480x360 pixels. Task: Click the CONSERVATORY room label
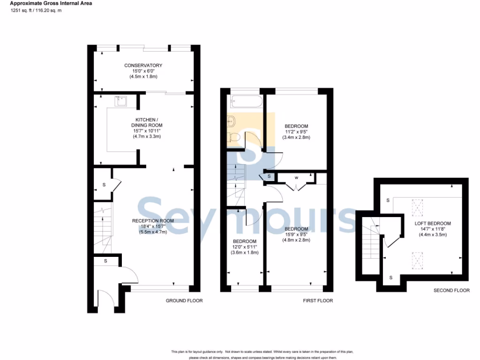[143, 65]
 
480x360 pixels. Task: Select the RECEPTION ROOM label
[153, 221]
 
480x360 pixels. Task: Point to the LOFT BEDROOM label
[433, 224]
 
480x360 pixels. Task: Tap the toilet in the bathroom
[234, 136]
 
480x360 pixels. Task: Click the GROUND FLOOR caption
[184, 300]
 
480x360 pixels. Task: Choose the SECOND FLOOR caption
[451, 290]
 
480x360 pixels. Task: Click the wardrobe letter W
[297, 178]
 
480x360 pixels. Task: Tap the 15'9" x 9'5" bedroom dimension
[296, 234]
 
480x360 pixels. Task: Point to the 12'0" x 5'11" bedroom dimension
[245, 247]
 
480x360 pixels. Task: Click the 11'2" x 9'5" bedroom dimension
[296, 132]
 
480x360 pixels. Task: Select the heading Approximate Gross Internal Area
[51, 3]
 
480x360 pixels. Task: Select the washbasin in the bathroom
[232, 121]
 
